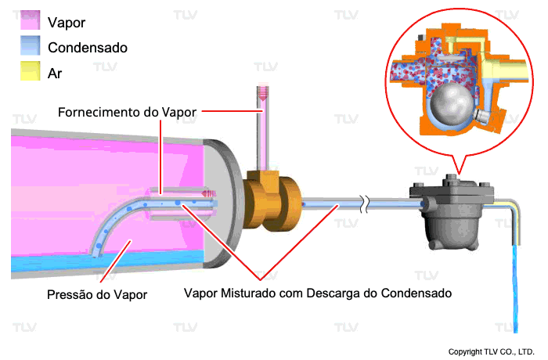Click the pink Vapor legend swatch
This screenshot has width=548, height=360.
pyautogui.click(x=30, y=21)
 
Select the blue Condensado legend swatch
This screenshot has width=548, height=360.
pyautogui.click(x=30, y=47)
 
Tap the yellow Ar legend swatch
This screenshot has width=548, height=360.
pyautogui.click(x=30, y=73)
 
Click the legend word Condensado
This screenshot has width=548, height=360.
pyautogui.click(x=88, y=47)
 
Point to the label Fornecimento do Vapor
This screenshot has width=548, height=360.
pyautogui.click(x=128, y=112)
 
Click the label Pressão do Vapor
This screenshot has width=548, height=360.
pyautogui.click(x=96, y=295)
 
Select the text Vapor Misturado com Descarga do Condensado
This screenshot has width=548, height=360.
pyautogui.click(x=318, y=294)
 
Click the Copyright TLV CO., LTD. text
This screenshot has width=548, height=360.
pyautogui.click(x=491, y=351)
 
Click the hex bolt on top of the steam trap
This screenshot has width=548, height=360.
pyautogui.click(x=451, y=179)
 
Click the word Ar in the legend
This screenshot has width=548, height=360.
pyautogui.click(x=55, y=73)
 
